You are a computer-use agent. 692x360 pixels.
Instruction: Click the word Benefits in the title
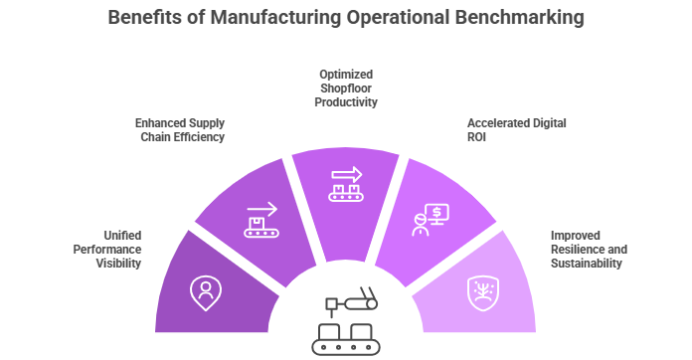(x=142, y=17)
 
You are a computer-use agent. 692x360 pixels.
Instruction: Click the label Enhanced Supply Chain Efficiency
(x=180, y=130)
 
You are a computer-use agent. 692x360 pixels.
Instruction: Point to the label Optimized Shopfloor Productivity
(x=346, y=89)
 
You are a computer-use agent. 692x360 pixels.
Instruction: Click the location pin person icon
(x=206, y=290)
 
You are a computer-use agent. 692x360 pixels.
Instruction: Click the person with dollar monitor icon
(x=430, y=220)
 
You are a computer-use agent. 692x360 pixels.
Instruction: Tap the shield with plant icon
(x=486, y=291)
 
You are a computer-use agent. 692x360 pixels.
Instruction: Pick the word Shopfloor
(x=346, y=89)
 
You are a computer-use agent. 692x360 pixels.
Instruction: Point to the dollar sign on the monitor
(x=438, y=212)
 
